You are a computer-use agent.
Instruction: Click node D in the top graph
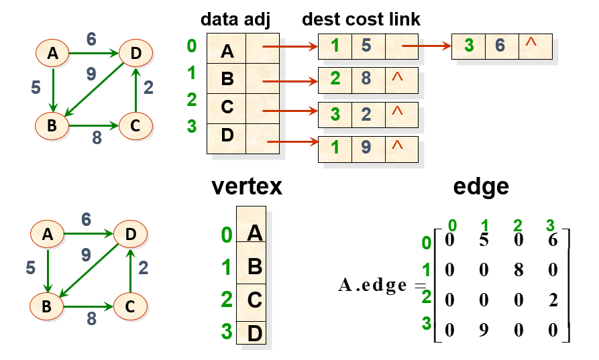click(135, 53)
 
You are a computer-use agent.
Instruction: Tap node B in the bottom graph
click(46, 306)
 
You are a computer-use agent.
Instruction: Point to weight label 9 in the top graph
click(91, 74)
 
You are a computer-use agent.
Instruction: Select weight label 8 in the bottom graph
click(92, 318)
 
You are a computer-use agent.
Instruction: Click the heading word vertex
click(247, 186)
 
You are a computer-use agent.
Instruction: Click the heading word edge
click(481, 187)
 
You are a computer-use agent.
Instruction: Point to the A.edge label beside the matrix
click(372, 285)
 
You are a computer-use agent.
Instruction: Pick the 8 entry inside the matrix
click(519, 269)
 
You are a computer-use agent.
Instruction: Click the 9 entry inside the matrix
click(484, 329)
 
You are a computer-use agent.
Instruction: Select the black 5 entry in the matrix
click(484, 240)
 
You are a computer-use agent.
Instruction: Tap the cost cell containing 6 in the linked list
click(502, 46)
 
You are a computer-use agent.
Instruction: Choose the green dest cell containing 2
click(335, 80)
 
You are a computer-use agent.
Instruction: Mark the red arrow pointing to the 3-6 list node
click(427, 46)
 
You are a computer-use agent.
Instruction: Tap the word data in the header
click(219, 19)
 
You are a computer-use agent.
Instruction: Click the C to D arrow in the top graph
click(135, 90)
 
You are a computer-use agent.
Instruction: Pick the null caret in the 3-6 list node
click(531, 42)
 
